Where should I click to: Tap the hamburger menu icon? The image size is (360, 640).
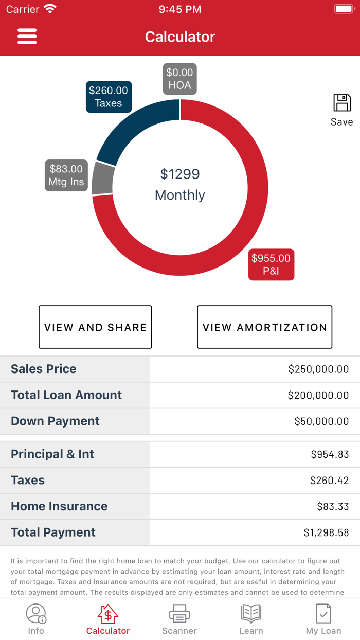(27, 37)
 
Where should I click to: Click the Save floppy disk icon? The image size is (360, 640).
(341, 103)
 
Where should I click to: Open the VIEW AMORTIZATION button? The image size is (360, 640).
(264, 327)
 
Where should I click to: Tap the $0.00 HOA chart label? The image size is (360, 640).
(179, 79)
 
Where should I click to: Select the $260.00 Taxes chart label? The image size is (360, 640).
(109, 97)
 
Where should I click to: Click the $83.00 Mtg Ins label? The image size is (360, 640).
(66, 175)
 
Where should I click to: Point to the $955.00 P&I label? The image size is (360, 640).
(271, 264)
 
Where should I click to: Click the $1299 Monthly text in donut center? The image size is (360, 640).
(179, 184)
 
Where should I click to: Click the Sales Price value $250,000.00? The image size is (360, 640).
(318, 369)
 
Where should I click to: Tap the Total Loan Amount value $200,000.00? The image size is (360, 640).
(318, 395)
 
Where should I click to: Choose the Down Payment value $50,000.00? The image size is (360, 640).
(321, 421)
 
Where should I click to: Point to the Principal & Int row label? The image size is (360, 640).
(52, 454)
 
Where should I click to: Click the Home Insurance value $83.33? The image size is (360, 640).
(333, 506)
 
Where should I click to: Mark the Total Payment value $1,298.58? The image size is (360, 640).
(326, 532)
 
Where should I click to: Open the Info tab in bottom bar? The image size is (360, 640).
(36, 619)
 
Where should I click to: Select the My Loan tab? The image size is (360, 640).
(323, 619)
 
